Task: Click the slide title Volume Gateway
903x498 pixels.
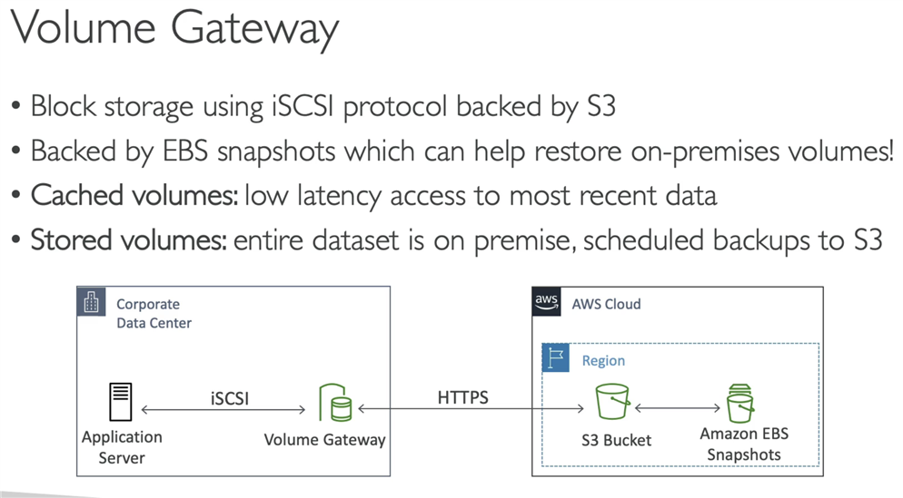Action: (x=174, y=30)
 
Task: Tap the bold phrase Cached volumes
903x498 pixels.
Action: (x=134, y=194)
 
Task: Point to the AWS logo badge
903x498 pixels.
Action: (x=546, y=302)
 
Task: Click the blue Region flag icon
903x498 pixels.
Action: (x=555, y=358)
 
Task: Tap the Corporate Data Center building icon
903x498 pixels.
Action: (x=91, y=303)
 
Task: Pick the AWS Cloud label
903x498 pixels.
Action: (x=606, y=304)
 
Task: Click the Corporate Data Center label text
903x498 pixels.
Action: (x=153, y=313)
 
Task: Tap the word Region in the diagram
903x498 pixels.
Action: (x=603, y=360)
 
